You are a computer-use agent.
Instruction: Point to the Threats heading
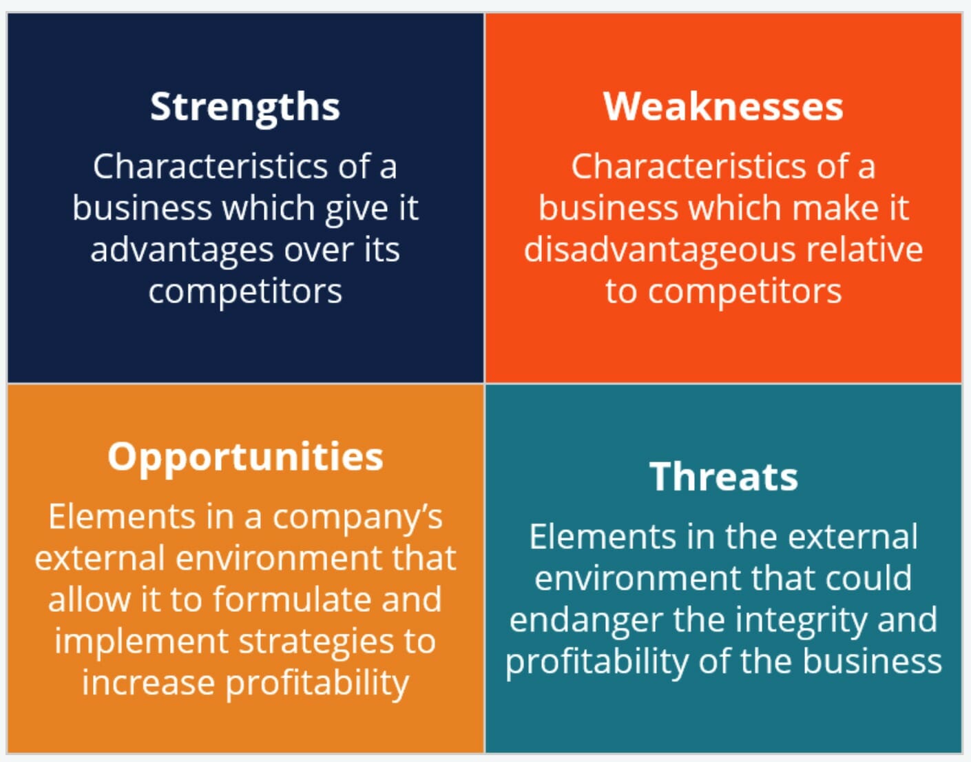[724, 476]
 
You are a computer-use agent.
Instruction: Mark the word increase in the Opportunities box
[148, 683]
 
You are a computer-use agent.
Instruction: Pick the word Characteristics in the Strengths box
[211, 166]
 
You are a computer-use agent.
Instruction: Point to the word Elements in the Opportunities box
[121, 517]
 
